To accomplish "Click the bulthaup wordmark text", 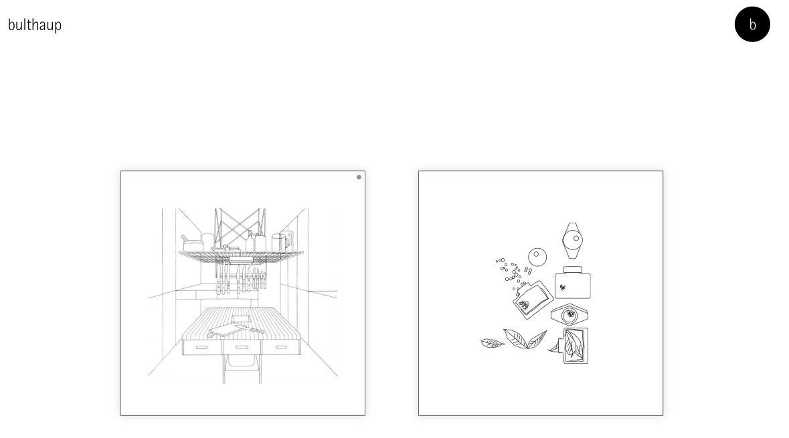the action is point(35,25).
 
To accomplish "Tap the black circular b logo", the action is point(752,24).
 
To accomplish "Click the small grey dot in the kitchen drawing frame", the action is point(359,177).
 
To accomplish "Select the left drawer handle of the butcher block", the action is point(202,347).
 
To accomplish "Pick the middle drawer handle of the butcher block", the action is point(242,347).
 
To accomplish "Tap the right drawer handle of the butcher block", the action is point(282,347).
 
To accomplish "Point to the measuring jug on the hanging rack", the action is point(281,241).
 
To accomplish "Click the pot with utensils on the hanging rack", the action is point(192,243).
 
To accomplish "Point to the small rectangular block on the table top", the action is point(240,319).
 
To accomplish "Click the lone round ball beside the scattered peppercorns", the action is point(537,257).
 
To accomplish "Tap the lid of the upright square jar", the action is point(573,270).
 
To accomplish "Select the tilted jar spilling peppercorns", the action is point(533,300).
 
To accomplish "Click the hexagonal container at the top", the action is point(573,240).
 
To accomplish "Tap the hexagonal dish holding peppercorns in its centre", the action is point(569,315).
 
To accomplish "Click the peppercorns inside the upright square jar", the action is point(563,288).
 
